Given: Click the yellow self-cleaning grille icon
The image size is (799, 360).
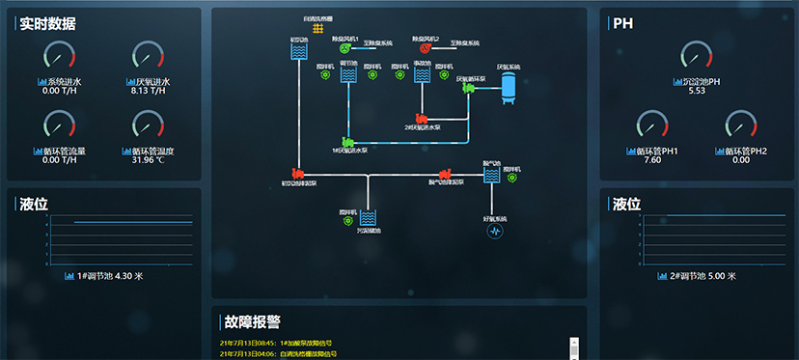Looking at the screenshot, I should [x=317, y=29].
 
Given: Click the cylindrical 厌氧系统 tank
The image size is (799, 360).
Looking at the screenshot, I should [x=509, y=88].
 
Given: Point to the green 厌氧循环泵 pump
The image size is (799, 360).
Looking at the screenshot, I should [x=469, y=88].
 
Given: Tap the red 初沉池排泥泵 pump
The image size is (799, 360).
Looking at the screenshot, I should [x=298, y=175].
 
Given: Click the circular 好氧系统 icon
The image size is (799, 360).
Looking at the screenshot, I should [x=495, y=232].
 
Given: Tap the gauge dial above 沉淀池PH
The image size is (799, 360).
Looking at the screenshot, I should [x=696, y=56].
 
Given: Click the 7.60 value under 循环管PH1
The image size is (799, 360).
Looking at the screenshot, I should [x=651, y=159].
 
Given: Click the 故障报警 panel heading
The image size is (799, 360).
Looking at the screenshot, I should [x=252, y=321].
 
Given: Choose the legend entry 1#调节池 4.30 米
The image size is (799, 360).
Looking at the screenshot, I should [x=103, y=276].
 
